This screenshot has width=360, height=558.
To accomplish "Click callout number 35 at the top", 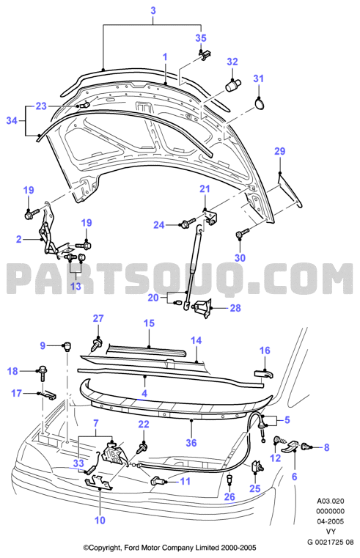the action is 201,38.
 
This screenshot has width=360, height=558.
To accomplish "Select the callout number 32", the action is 232,62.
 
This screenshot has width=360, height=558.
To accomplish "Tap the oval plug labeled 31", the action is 260,103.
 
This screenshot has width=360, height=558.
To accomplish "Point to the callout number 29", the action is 280,151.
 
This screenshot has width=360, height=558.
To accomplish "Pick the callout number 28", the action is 235,308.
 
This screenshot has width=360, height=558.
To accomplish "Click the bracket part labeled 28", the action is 202,308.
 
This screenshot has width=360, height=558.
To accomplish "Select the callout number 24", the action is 159,225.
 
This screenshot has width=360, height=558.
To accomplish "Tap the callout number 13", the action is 76,286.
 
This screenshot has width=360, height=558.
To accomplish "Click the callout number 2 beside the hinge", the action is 19,239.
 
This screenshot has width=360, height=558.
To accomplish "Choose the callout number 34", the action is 12,121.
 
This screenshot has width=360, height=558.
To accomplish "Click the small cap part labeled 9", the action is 67,346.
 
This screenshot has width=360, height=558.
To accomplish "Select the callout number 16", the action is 265,350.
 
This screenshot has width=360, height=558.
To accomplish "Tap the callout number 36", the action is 191,443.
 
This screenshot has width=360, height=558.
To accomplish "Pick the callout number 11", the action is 185,481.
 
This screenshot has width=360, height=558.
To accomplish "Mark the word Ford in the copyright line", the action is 131,548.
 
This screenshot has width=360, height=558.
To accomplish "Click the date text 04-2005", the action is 331,521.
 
